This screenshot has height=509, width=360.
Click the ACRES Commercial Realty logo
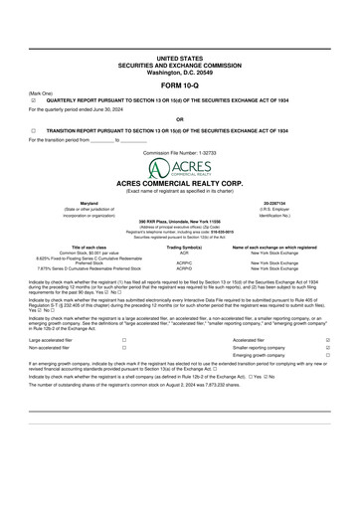(x=179, y=170)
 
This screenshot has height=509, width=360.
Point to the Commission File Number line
(x=179, y=153)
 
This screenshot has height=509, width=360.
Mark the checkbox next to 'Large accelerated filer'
(x=124, y=339)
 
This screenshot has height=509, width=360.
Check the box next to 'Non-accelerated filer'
(x=124, y=348)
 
